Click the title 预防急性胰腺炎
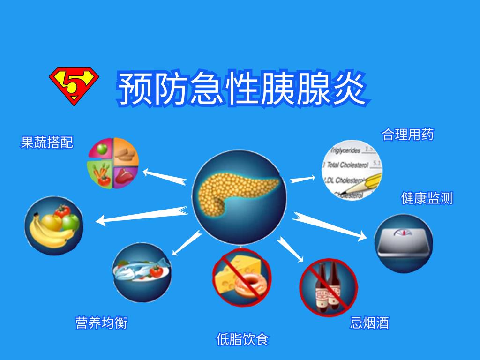242,88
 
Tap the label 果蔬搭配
47,142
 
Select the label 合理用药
408,135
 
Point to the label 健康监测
427,198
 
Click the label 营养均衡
101,322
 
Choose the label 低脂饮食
242,339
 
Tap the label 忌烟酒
369,322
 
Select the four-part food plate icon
113,163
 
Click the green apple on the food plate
102,150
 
